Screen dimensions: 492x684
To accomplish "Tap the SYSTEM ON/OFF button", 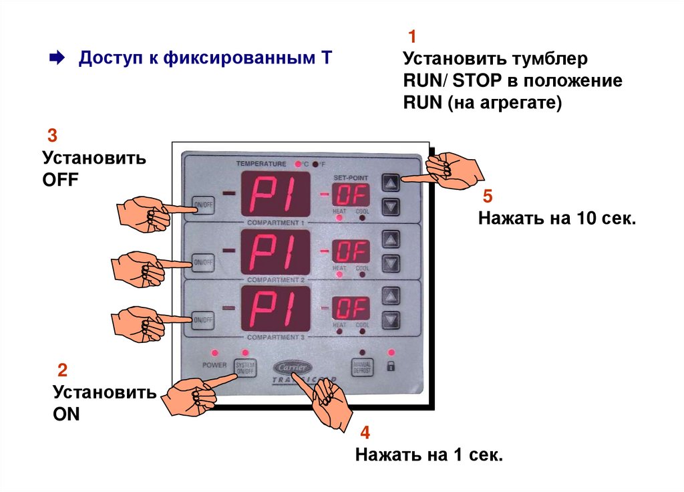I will tap(245, 366).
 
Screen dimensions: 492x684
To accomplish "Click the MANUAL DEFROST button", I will tap(361, 366).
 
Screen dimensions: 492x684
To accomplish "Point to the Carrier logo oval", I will tap(292, 367).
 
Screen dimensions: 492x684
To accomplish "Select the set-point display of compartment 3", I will tap(351, 309).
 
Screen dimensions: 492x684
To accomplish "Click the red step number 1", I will tap(412, 35).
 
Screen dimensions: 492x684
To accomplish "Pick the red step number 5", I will tap(487, 196).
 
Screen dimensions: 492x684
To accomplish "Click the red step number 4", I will tap(364, 431).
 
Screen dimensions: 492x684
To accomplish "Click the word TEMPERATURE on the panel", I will tap(261, 163).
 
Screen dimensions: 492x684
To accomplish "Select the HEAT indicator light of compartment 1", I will tap(339, 218).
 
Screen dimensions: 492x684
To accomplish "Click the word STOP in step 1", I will tap(476, 82).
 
